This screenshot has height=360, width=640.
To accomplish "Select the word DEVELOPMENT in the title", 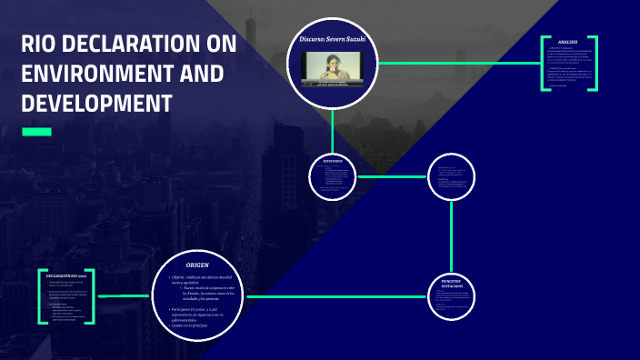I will click(96, 103).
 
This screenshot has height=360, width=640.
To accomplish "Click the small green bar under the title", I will click(36, 133).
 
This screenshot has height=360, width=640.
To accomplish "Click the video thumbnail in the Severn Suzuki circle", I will click(332, 71).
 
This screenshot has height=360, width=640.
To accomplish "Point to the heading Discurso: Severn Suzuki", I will click(332, 40).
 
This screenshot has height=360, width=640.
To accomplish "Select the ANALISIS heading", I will click(568, 43).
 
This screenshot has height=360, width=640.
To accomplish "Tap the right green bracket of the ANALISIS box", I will click(595, 64).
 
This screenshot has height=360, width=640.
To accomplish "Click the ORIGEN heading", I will click(197, 265).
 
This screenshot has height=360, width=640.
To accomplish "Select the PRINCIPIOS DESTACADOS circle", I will click(451, 296).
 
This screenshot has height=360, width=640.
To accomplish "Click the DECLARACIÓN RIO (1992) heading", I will click(65, 275).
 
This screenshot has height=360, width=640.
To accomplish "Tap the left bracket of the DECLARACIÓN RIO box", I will click(41, 297).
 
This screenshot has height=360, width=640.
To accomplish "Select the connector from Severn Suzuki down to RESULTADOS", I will click(333, 127).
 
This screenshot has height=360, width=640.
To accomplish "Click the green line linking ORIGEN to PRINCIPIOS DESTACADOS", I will click(336, 296).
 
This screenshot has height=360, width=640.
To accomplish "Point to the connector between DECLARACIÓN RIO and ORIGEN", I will click(122, 296).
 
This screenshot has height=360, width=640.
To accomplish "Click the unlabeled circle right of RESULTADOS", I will click(451, 175).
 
